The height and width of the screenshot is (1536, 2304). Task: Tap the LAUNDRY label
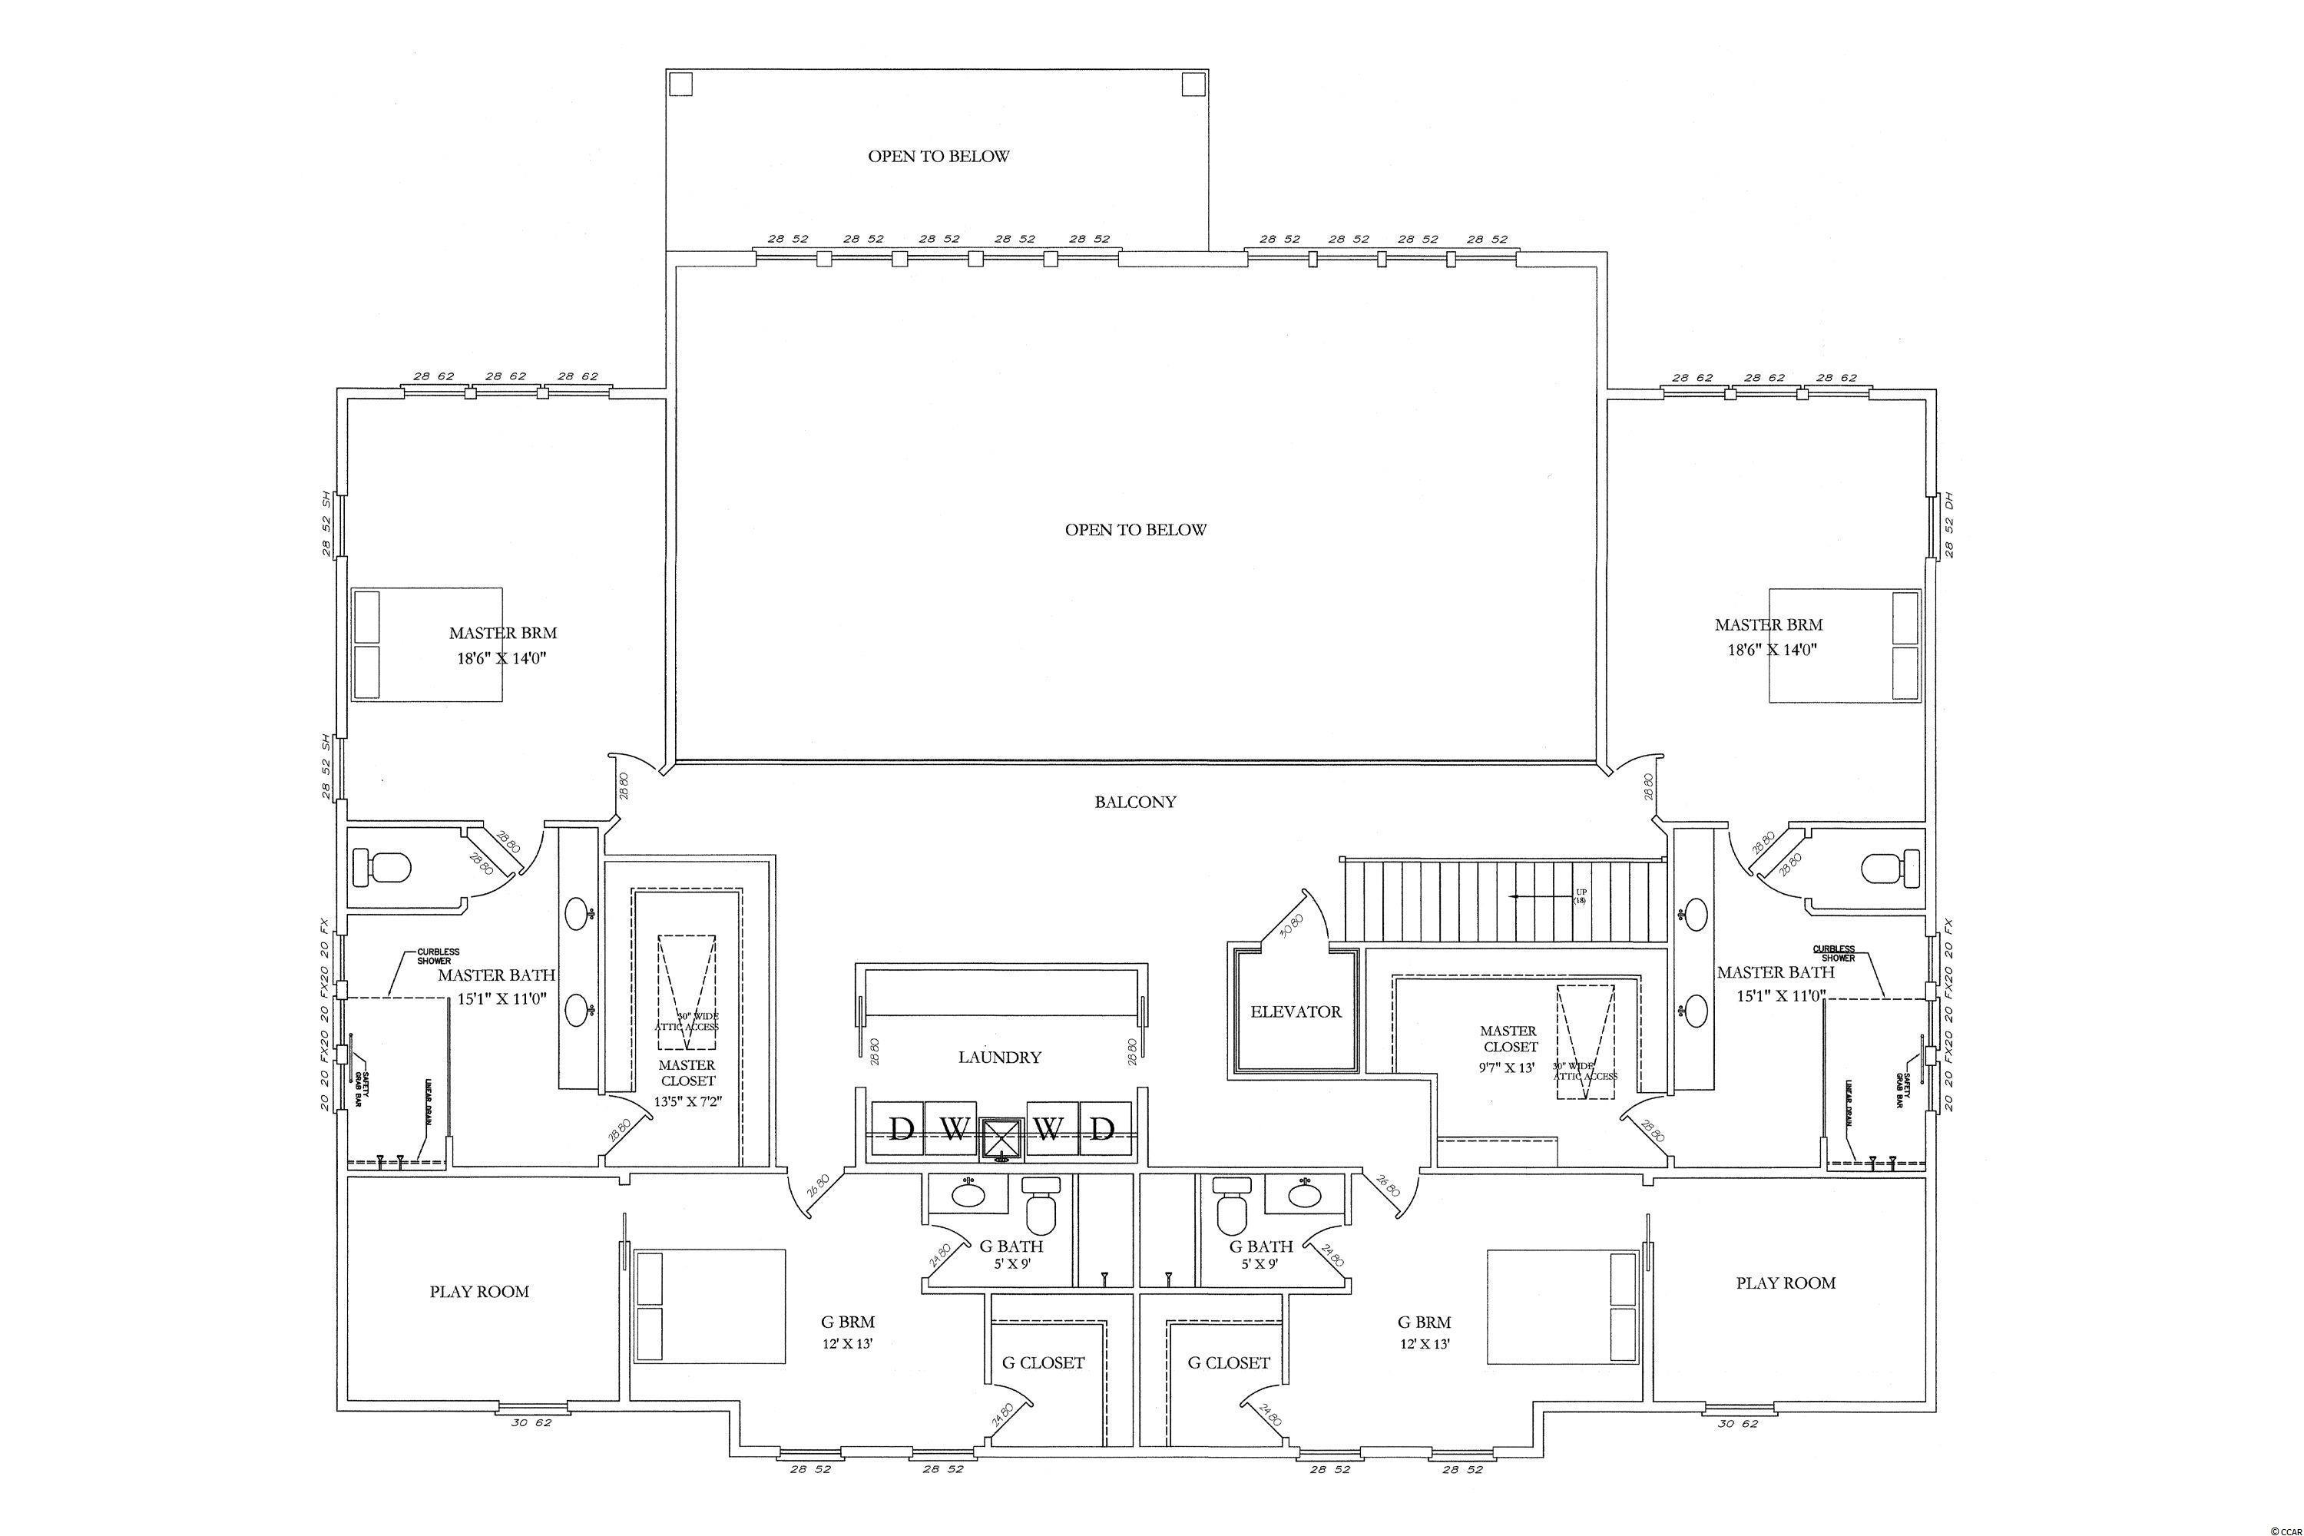click(x=999, y=1057)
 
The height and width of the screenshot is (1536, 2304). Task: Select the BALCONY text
click(x=1134, y=801)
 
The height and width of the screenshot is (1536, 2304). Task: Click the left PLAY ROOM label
click(x=479, y=1291)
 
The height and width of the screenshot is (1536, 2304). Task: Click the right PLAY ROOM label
click(x=1785, y=1283)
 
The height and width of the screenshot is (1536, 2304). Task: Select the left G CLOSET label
click(x=1042, y=1362)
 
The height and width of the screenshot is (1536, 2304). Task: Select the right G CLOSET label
click(x=1228, y=1362)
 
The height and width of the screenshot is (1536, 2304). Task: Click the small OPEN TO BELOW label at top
click(x=938, y=156)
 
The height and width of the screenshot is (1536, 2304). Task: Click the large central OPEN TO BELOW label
click(x=1135, y=530)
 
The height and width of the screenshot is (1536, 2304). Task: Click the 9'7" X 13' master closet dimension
click(x=1508, y=1067)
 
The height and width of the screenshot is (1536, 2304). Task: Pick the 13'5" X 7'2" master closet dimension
click(x=687, y=1100)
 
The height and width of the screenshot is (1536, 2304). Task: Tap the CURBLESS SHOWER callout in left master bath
click(x=437, y=956)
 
